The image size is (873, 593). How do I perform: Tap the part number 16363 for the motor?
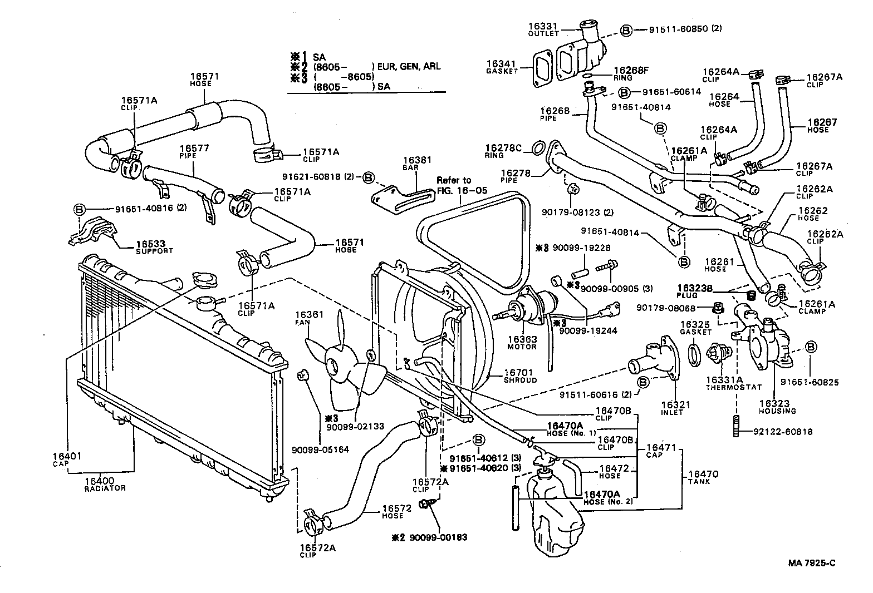pyautogui.click(x=522, y=339)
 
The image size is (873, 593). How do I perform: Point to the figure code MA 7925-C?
pyautogui.click(x=811, y=562)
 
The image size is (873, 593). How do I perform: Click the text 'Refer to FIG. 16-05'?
pyautogui.click(x=462, y=185)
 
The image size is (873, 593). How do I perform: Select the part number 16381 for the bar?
pyautogui.click(x=417, y=160)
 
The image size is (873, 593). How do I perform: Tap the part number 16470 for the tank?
pyautogui.click(x=703, y=475)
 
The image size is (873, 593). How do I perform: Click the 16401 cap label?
pyautogui.click(x=67, y=457)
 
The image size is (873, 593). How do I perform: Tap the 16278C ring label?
pyautogui.click(x=503, y=148)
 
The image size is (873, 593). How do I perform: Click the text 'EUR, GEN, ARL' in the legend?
pyautogui.click(x=409, y=66)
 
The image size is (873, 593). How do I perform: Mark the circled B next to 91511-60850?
pyautogui.click(x=626, y=30)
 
